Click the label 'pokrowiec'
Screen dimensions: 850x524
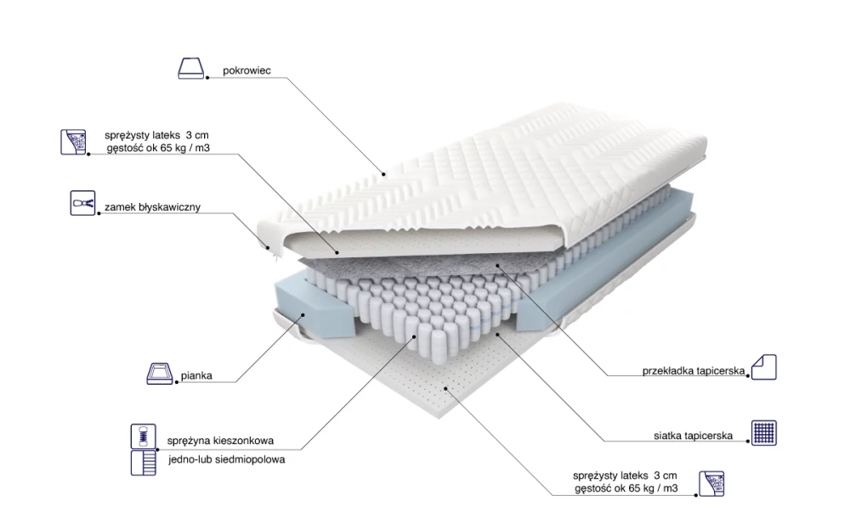[246, 70]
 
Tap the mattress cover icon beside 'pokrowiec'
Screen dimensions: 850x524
[190, 68]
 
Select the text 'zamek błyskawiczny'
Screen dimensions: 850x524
[152, 207]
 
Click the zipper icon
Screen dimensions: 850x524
[82, 203]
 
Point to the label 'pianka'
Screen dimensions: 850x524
[196, 375]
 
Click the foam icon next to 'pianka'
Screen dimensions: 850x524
[160, 374]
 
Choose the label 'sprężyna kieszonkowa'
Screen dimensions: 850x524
[220, 441]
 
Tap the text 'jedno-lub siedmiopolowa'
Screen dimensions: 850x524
[226, 459]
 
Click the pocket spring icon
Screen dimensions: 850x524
[143, 437]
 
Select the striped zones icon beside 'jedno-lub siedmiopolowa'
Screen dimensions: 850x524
[143, 462]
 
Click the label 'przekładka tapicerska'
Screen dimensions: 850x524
[694, 371]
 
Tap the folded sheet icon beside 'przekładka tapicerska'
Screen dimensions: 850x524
[764, 367]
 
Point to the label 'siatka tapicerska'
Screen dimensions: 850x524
[693, 436]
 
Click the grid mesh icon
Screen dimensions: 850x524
[764, 433]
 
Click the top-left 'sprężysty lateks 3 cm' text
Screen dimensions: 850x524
[156, 135]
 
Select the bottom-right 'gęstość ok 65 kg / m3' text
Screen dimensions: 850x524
[626, 488]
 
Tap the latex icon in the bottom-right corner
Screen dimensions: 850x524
[711, 483]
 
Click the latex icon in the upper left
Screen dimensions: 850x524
[73, 142]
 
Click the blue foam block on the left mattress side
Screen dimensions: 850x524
[314, 307]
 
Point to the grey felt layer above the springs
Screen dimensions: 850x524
[412, 266]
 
